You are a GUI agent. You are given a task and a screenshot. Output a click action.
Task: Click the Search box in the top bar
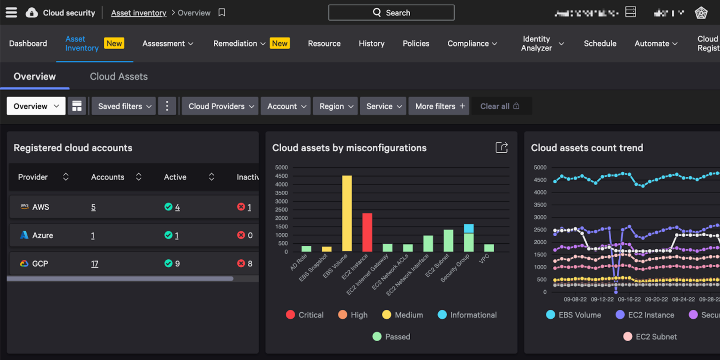[x=391, y=13]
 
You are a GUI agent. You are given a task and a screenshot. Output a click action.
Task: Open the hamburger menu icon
[x=11, y=13]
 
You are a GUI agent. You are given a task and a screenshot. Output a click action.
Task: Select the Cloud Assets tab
[x=119, y=76]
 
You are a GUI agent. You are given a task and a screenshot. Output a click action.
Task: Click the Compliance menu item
[x=472, y=44]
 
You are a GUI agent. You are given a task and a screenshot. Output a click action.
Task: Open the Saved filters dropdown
[x=124, y=106]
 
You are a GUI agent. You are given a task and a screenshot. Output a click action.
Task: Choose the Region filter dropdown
[x=336, y=106]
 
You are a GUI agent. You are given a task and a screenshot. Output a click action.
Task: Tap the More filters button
[x=439, y=106]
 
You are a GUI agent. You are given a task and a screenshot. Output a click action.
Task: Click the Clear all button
[x=500, y=106]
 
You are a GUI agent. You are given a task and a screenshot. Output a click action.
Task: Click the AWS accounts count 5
[x=93, y=207]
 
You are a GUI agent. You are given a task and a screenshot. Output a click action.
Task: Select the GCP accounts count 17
[x=95, y=264]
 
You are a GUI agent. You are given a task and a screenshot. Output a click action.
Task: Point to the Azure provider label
[x=42, y=235]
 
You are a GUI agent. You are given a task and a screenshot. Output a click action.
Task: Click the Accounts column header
[x=108, y=177]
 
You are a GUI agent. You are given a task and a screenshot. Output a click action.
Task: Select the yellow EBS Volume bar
[x=347, y=213]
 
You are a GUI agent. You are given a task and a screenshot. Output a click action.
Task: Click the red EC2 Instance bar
[x=367, y=232]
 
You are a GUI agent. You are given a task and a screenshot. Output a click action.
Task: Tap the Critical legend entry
[x=305, y=315]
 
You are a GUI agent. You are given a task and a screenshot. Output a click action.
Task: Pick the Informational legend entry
[x=467, y=315]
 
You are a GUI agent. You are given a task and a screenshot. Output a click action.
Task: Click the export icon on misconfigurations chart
[x=502, y=148]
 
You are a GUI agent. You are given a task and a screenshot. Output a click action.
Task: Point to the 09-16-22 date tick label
[x=629, y=299]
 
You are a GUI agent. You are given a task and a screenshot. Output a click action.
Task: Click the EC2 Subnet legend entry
[x=650, y=337]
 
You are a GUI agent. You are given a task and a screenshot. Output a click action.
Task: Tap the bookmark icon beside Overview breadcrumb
[x=222, y=13]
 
